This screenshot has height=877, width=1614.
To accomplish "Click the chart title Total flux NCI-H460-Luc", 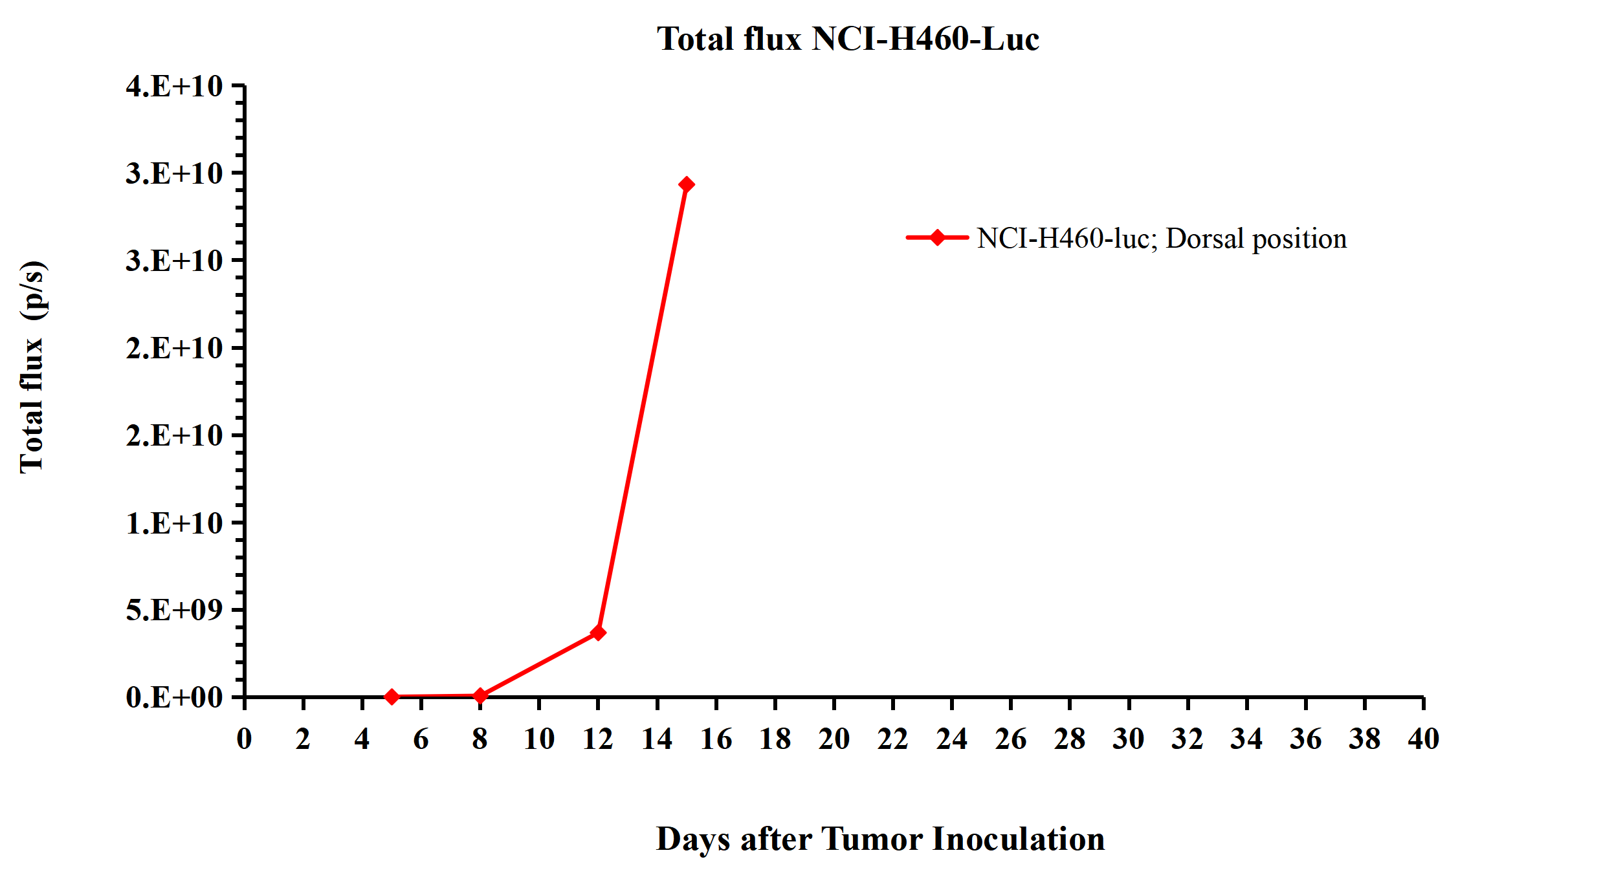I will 848,39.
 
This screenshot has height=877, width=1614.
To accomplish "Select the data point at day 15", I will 687,184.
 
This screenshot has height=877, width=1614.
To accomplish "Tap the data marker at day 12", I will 598,632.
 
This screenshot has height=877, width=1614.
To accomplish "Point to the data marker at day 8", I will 480,695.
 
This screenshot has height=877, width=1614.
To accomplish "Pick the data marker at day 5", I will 392,697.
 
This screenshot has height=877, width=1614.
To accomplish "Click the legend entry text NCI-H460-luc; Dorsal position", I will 1162,238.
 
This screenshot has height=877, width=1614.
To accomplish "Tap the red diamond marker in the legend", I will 937,237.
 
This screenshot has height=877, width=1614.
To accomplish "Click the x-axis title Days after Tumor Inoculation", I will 880,839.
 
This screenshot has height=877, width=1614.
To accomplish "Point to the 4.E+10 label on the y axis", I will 174,86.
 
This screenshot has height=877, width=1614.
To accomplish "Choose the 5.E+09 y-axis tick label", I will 174,609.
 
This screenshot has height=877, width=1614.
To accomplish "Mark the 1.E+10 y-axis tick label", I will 174,523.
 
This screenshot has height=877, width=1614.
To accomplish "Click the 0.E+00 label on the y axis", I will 174,697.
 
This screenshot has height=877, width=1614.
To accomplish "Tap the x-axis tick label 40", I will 1423,739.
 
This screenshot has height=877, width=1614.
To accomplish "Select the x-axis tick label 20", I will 834,739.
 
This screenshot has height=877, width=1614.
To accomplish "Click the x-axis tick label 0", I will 244,739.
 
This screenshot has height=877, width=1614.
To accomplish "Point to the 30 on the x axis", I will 1129,739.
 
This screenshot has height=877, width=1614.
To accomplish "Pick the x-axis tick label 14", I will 657,739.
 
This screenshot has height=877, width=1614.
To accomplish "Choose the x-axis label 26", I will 1011,739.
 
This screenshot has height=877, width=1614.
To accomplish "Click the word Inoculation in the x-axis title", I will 1018,839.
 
